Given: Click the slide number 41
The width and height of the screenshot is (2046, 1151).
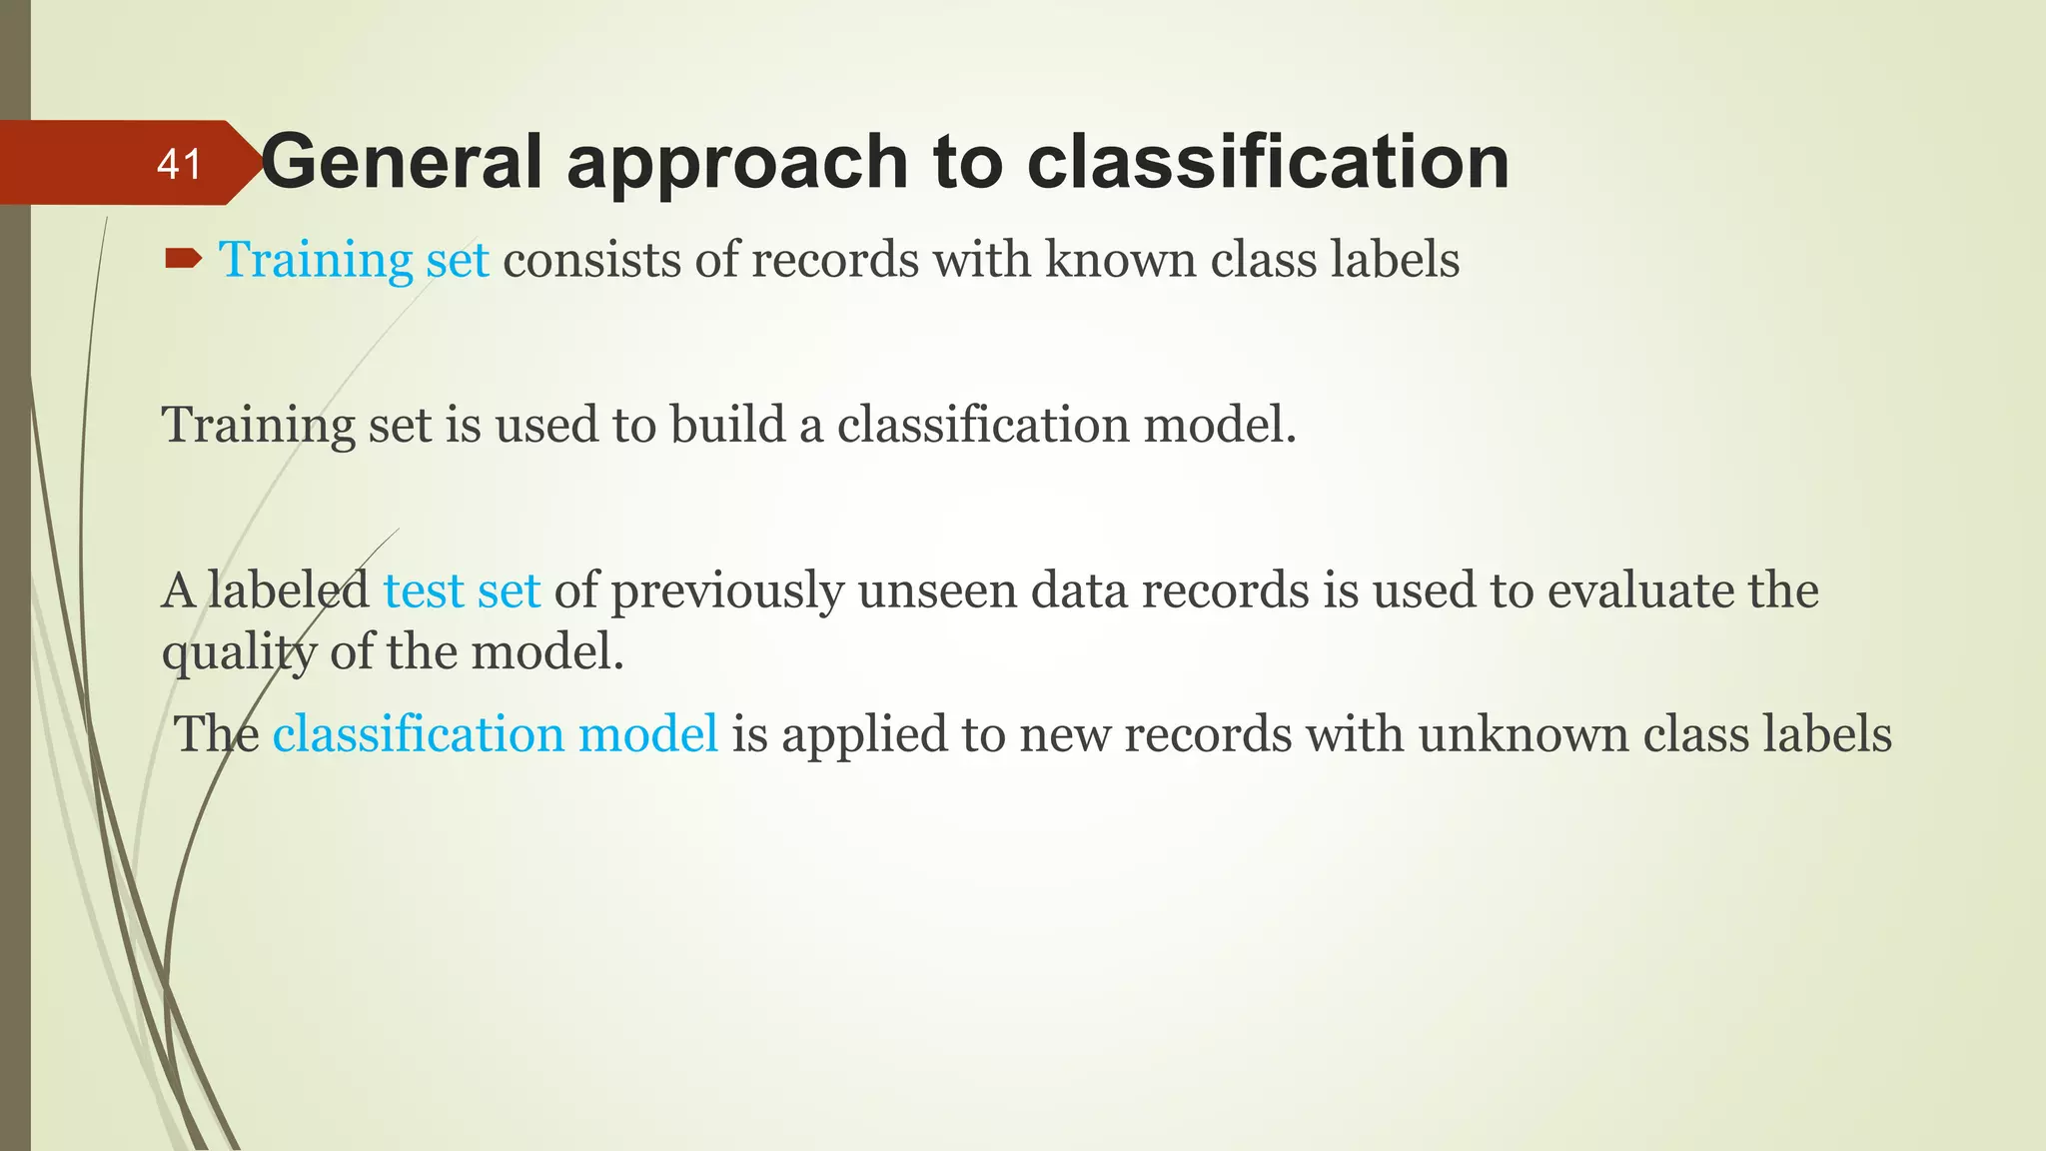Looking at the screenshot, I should [x=179, y=164].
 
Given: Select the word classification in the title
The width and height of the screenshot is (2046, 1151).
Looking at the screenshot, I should [x=1268, y=162].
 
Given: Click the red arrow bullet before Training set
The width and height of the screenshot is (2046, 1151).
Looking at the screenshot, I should [x=183, y=260].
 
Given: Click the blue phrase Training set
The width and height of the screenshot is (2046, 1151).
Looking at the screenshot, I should [x=354, y=260].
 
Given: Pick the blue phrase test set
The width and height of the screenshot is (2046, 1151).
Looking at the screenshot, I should [x=462, y=590].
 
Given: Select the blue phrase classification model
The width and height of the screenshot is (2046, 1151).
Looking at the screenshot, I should [x=495, y=734].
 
